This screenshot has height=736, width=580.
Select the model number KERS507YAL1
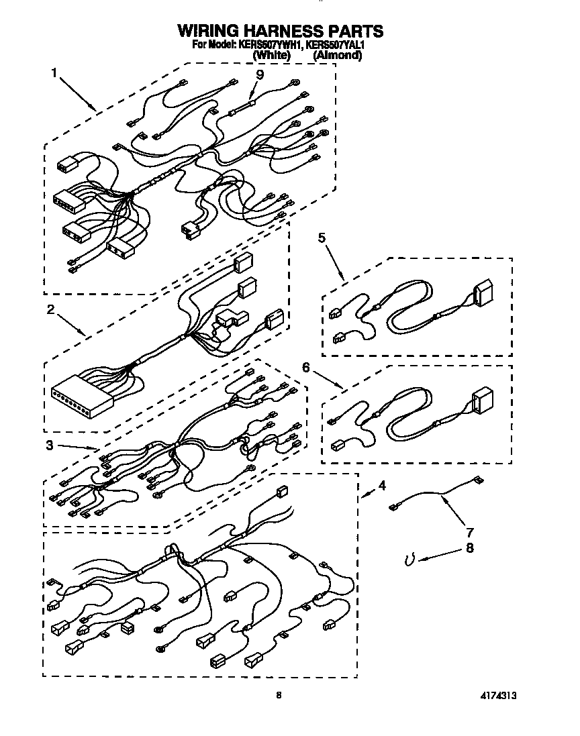(334, 45)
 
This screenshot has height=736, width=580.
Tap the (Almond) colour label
(338, 56)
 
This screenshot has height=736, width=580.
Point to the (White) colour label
(272, 56)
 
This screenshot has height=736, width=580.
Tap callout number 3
(50, 445)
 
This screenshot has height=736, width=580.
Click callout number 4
(381, 484)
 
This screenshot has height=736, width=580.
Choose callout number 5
(322, 238)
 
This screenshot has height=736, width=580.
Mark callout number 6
(306, 367)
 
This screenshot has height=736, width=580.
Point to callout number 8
(470, 548)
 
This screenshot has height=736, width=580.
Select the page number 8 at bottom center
(278, 696)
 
